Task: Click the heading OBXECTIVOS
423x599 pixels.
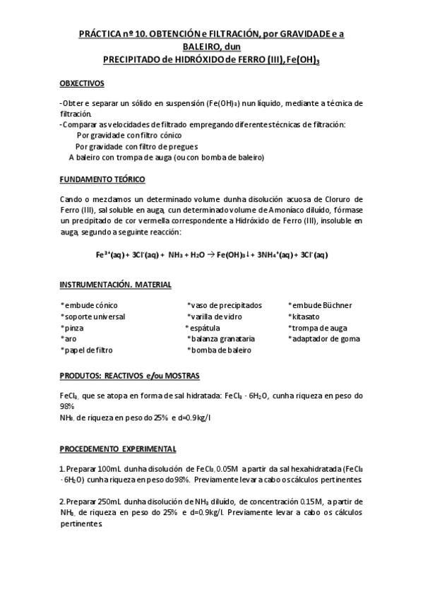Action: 82,83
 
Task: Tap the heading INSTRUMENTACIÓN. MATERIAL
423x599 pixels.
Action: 116,285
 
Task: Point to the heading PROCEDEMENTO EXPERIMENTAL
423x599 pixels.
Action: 118,449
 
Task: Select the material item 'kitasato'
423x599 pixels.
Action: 306,316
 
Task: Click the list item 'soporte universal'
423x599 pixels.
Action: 93,316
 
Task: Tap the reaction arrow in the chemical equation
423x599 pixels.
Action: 210,255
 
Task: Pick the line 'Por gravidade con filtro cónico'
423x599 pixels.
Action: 129,135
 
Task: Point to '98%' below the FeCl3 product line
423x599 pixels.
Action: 68,407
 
